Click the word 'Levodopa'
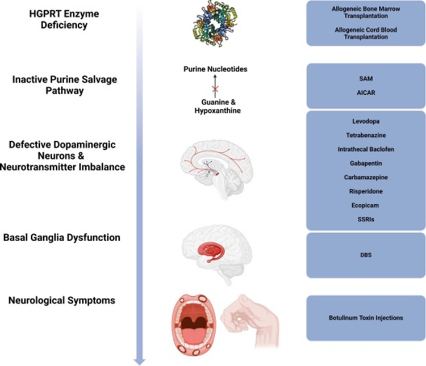[366, 121]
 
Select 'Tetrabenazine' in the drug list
[366, 135]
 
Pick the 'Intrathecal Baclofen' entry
[366, 149]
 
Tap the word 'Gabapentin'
[366, 163]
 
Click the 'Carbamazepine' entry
[366, 178]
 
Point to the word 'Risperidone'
[366, 192]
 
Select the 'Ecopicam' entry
[366, 206]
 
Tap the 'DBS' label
[366, 255]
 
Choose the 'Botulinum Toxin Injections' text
[366, 318]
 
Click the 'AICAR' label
[366, 92]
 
